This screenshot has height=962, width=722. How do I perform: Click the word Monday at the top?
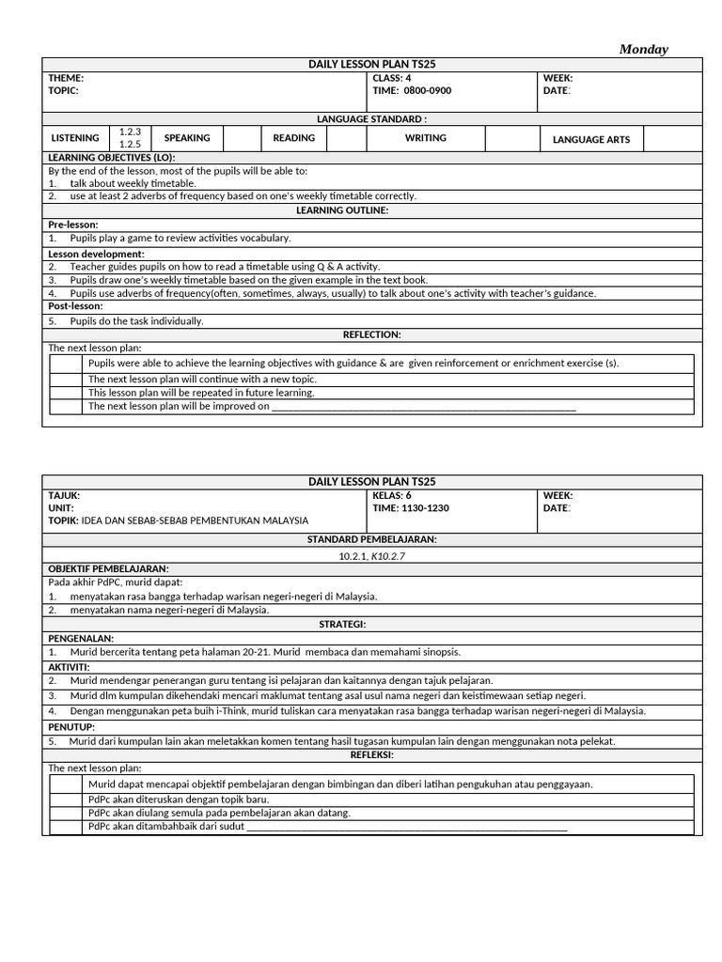coord(644,49)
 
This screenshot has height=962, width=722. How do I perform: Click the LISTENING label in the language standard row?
coord(75,138)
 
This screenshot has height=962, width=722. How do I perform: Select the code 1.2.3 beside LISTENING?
coord(130,132)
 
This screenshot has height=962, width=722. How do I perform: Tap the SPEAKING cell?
coord(187,138)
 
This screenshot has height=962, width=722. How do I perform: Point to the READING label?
coord(294,138)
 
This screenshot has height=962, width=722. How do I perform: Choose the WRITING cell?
coord(425,138)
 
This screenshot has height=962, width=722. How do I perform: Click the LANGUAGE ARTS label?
coord(591,140)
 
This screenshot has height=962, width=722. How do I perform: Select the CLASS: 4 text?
coord(392,78)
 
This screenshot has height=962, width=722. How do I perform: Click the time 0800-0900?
coord(428,91)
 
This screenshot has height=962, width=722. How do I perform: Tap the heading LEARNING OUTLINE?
coord(341,210)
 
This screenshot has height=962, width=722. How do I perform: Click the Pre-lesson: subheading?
coord(73,225)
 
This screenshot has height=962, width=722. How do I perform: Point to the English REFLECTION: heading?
coord(372,334)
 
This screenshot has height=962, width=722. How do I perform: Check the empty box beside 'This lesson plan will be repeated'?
coord(66,393)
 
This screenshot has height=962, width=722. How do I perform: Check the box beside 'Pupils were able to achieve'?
coord(66,364)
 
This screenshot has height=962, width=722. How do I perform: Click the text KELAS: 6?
coord(392,495)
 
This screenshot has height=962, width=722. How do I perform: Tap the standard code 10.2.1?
coord(353,556)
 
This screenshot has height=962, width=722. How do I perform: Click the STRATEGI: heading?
coord(342,624)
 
